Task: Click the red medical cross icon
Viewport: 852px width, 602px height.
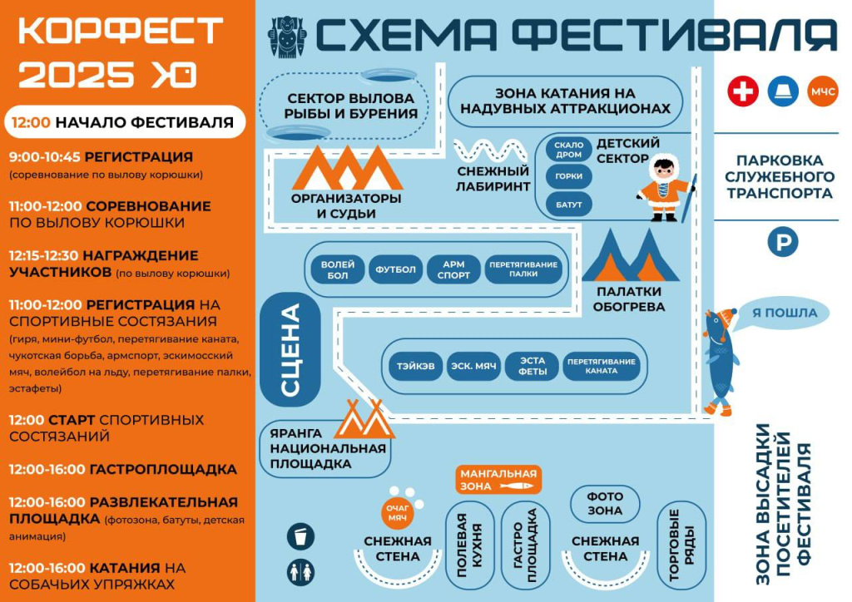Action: click(743, 91)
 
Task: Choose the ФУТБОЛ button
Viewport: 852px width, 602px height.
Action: click(395, 269)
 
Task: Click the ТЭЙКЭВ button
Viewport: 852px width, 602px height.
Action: click(415, 366)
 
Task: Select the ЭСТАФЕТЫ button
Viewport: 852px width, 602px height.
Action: click(532, 366)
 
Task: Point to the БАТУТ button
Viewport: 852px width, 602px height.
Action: click(569, 202)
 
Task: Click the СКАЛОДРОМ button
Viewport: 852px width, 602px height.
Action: click(569, 150)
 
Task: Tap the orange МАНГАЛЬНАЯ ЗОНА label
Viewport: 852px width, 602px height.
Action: click(498, 479)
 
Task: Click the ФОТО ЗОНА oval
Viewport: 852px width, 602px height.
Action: click(604, 503)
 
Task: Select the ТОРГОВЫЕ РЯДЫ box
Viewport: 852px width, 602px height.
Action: click(681, 544)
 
